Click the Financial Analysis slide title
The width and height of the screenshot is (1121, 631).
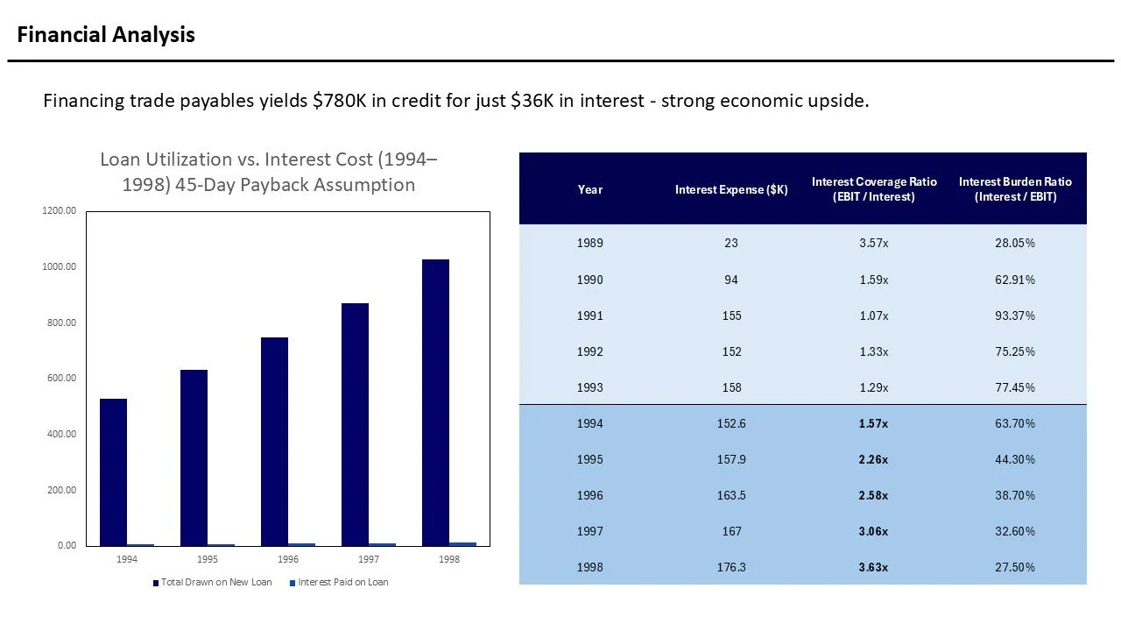click(x=106, y=35)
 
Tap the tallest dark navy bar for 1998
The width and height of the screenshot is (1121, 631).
click(x=435, y=402)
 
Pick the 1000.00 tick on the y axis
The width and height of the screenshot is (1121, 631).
click(x=59, y=266)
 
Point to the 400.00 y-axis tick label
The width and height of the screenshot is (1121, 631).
click(x=59, y=434)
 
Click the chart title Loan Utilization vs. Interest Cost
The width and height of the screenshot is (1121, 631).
click(x=268, y=172)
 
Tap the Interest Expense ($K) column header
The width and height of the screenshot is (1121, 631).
click(x=730, y=189)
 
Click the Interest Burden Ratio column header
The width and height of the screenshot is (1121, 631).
click(x=1015, y=189)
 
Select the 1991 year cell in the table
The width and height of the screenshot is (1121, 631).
click(x=589, y=315)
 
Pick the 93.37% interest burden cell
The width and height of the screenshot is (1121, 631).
click(x=1015, y=315)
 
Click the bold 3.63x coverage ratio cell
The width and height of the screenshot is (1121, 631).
click(x=873, y=567)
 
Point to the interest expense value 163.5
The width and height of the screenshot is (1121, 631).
click(x=730, y=495)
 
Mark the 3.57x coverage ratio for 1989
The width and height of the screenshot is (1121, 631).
click(x=873, y=243)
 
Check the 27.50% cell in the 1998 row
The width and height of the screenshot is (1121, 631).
click(x=1015, y=567)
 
